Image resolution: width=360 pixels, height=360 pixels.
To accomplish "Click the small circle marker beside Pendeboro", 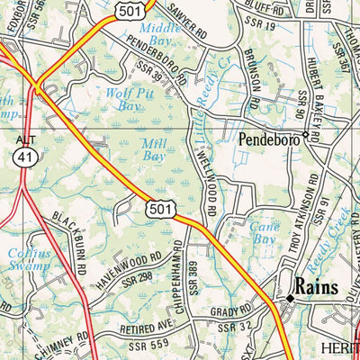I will (x=306, y=136).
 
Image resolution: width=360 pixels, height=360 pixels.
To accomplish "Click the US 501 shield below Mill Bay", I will (x=158, y=209).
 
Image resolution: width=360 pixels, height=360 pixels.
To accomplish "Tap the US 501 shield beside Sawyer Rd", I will (x=130, y=8).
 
